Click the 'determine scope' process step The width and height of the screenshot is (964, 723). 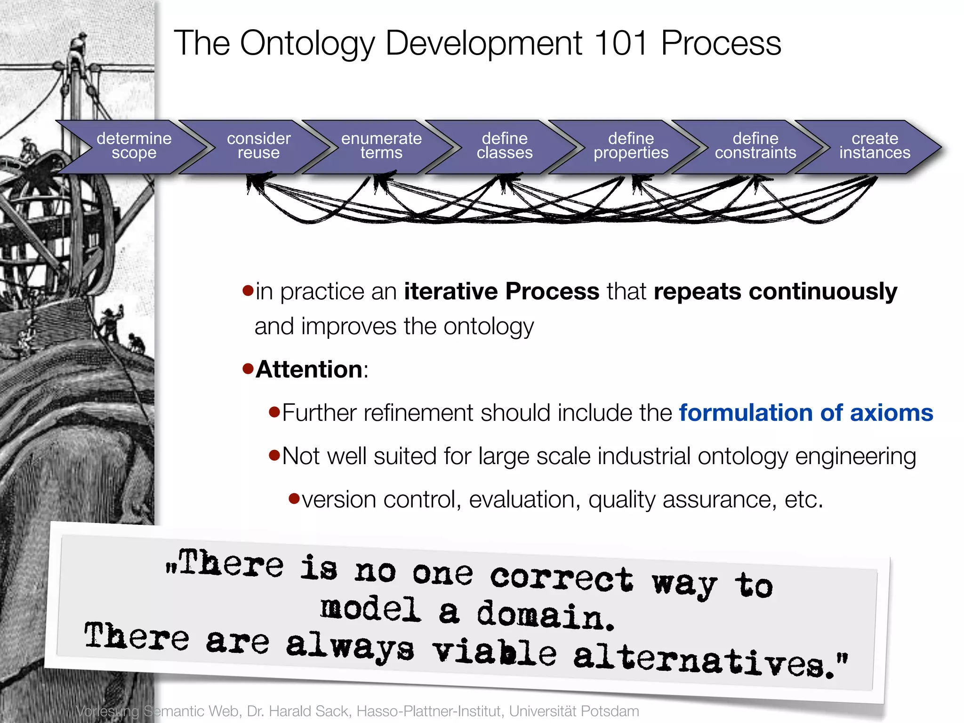(x=134, y=146)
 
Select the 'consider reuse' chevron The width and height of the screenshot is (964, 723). (x=258, y=146)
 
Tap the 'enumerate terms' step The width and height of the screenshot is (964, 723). (x=381, y=146)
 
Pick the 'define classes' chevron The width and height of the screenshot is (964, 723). (x=505, y=146)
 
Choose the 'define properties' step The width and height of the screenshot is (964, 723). (x=631, y=146)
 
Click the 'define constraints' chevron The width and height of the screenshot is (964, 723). (x=755, y=146)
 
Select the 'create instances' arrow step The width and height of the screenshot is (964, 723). (x=875, y=146)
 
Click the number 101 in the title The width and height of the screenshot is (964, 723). (x=621, y=43)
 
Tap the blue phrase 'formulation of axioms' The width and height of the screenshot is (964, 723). (x=806, y=413)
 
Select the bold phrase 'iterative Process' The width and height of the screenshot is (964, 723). (x=501, y=291)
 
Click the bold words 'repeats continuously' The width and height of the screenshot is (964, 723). (x=775, y=291)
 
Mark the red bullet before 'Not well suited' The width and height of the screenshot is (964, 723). (x=274, y=455)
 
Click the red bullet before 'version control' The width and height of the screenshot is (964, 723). (x=294, y=498)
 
